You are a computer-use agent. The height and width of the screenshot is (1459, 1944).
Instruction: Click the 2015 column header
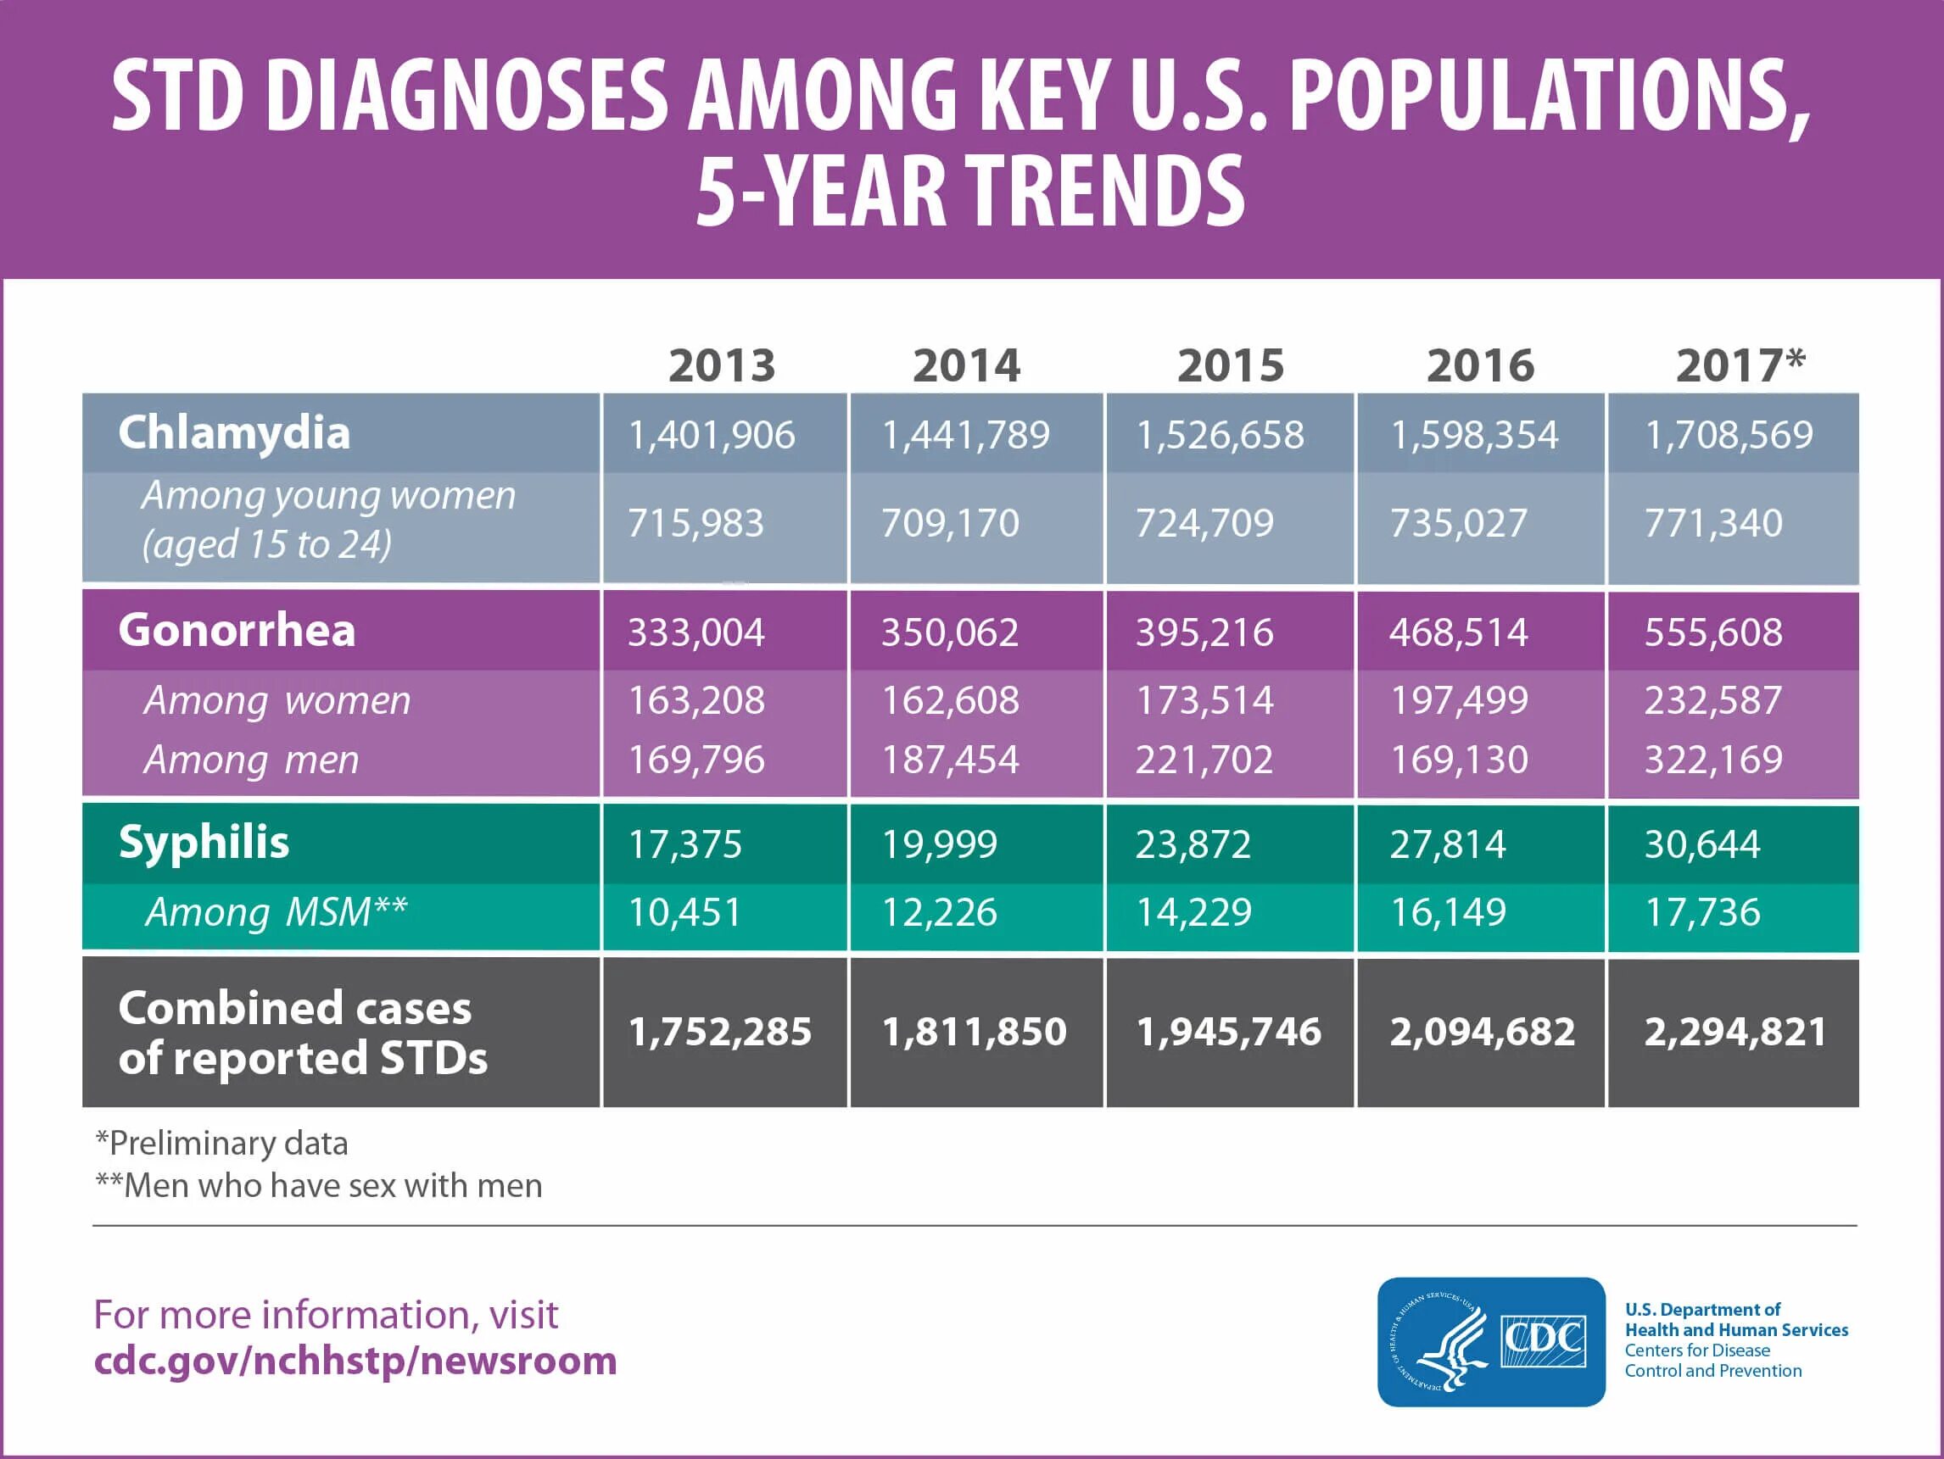tap(1231, 365)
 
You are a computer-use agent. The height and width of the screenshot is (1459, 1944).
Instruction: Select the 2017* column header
tap(1740, 365)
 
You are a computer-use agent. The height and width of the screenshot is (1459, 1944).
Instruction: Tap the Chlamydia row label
tap(234, 433)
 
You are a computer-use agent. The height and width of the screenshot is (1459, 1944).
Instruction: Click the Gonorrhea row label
tap(237, 631)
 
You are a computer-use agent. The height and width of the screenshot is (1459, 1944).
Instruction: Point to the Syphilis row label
tap(203, 843)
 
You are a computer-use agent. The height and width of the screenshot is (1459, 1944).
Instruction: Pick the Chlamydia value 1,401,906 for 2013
tap(711, 435)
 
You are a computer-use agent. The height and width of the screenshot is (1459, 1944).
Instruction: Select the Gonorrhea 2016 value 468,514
tap(1458, 632)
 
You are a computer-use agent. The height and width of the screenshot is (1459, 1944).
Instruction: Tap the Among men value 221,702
tap(1204, 760)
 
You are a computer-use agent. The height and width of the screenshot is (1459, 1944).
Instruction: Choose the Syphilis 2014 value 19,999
tap(940, 844)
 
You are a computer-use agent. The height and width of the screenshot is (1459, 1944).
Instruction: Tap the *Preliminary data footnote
tap(221, 1144)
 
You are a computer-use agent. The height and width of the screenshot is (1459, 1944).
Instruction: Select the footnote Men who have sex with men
tap(319, 1186)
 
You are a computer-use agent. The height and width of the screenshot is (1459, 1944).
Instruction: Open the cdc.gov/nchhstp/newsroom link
tap(355, 1361)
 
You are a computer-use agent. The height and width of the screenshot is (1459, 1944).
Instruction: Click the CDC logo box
tap(1490, 1341)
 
